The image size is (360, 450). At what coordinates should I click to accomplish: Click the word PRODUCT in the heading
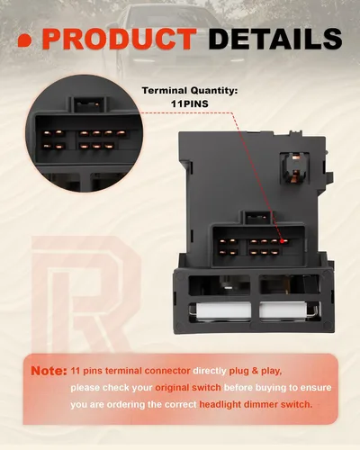(x=120, y=39)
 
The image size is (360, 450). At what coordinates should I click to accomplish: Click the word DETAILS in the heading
(x=275, y=39)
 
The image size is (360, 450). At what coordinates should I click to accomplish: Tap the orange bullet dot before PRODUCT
(x=25, y=40)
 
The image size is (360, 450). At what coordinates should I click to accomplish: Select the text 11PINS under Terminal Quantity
(x=190, y=103)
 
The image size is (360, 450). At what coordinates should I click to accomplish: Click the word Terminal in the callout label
(x=165, y=90)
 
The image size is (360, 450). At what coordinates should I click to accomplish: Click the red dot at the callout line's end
(x=282, y=240)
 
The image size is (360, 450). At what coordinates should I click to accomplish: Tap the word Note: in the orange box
(x=49, y=371)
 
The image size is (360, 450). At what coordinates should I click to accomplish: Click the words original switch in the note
(x=188, y=388)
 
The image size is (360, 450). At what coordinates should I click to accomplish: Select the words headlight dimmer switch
(x=256, y=404)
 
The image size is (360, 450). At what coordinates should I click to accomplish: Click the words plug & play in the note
(x=256, y=371)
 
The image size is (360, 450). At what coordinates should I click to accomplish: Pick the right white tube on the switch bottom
(x=283, y=310)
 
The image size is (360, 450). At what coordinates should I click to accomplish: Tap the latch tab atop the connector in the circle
(x=88, y=104)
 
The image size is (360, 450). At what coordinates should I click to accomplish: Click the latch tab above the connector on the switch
(x=257, y=217)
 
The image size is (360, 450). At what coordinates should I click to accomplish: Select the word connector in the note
(x=167, y=371)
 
